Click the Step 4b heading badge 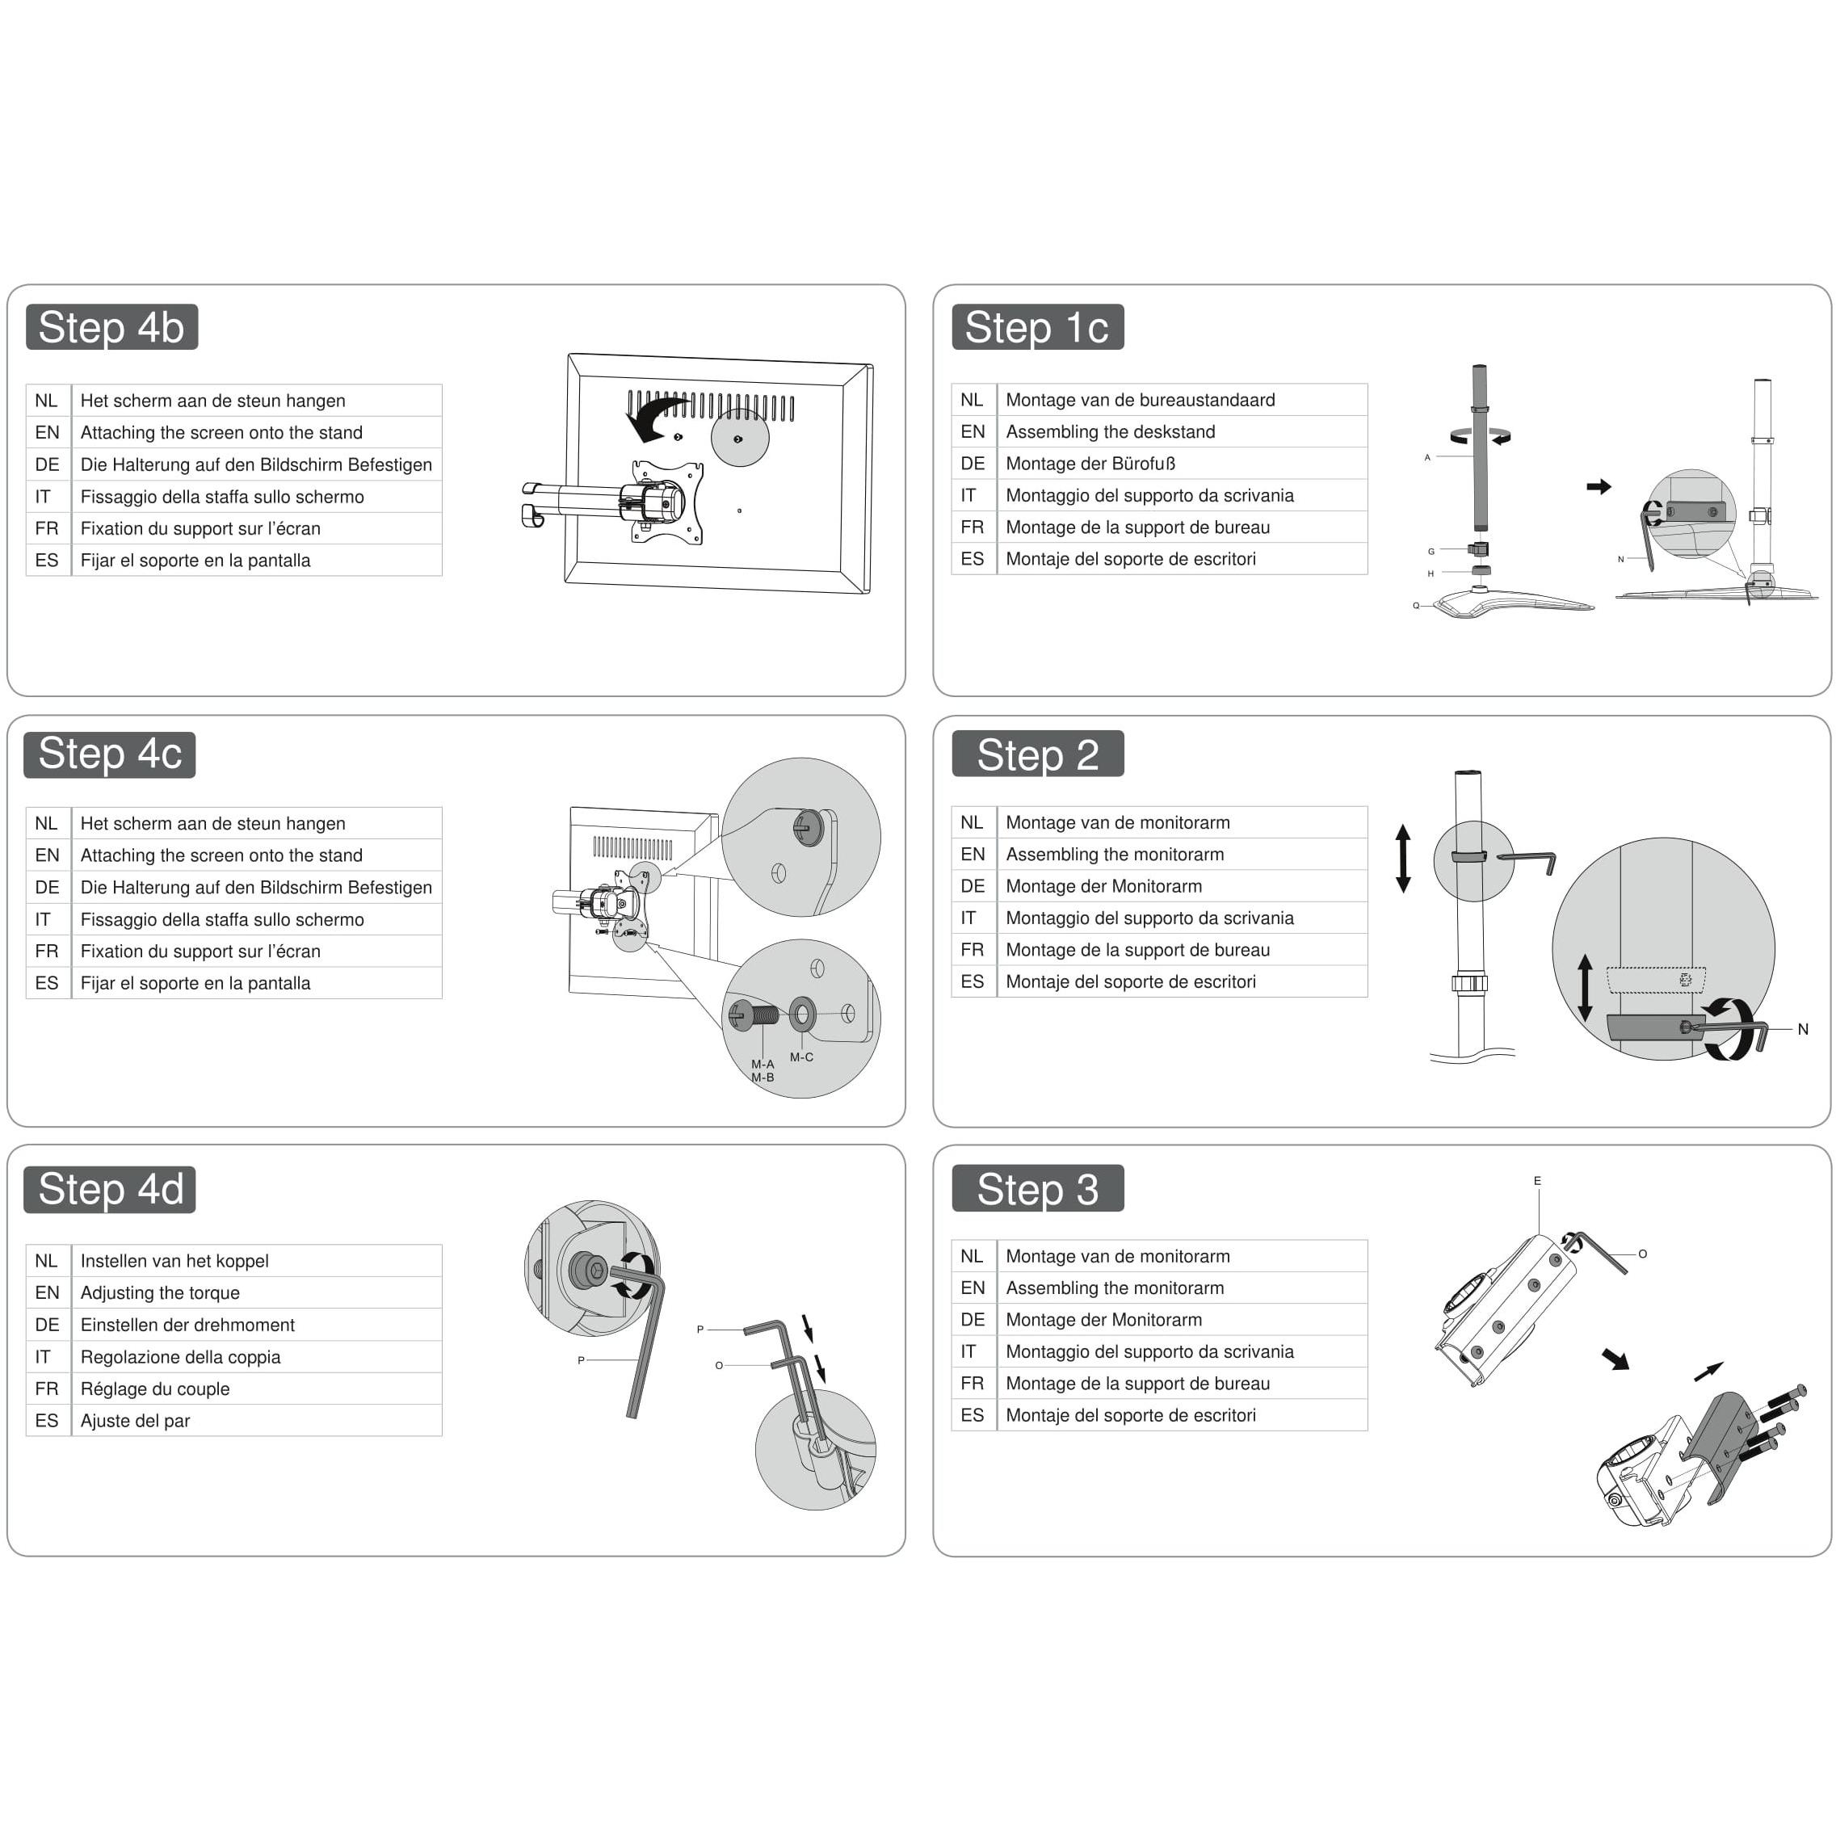111,327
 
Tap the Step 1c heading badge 1037,327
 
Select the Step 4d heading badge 109,1189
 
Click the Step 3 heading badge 1037,1189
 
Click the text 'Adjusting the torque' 160,1292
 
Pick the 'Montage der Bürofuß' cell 1090,464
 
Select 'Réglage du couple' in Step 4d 155,1389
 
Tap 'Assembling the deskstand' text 1110,431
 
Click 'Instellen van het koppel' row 174,1261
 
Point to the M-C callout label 801,1057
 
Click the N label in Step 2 1803,1029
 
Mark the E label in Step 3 1536,1181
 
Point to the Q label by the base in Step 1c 1416,605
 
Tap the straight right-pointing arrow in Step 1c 1599,486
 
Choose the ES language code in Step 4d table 47,1421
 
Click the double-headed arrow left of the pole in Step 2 1403,858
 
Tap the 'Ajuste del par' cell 135,1421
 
